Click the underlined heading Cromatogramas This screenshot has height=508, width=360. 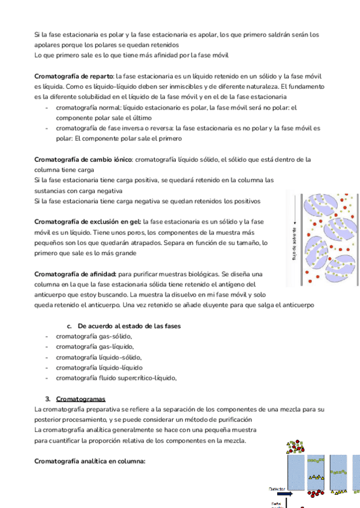[80, 398]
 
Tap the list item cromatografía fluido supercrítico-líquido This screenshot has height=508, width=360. [116, 377]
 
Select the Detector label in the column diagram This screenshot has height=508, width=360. [277, 488]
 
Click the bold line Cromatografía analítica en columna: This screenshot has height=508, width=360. [90, 461]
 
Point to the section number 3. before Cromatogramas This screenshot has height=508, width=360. [47, 398]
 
